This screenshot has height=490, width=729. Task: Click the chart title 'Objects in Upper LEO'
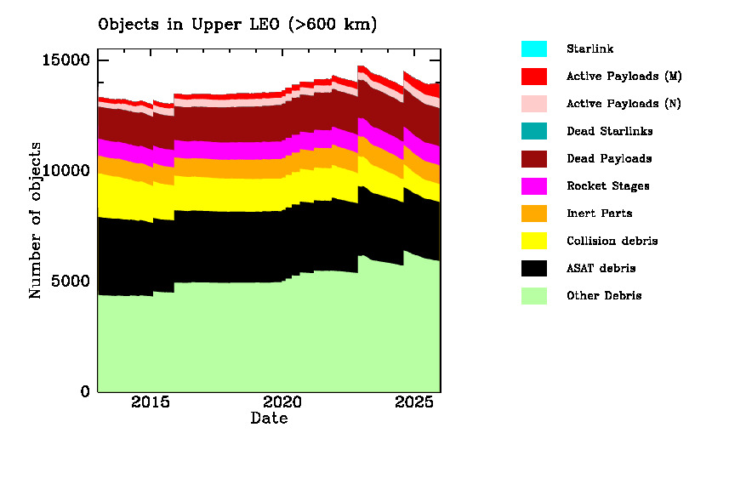(237, 25)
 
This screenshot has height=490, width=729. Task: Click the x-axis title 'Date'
(269, 419)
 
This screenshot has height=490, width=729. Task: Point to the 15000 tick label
(68, 60)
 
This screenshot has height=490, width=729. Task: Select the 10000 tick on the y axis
(68, 171)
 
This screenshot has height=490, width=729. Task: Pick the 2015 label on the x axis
(150, 403)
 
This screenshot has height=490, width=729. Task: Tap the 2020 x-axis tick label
(282, 403)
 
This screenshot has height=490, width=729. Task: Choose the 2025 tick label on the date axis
(413, 403)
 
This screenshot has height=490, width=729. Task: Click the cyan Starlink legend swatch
(534, 48)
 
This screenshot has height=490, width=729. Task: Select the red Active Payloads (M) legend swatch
(534, 77)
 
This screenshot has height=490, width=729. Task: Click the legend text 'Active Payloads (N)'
(624, 104)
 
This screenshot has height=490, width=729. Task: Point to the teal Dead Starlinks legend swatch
(534, 131)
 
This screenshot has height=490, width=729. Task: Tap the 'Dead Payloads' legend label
(609, 159)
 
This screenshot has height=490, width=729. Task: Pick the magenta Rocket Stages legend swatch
(534, 186)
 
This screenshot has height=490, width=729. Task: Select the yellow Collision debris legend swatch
(534, 241)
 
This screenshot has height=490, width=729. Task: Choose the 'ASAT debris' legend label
(601, 269)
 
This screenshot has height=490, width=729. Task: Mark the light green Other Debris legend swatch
(534, 296)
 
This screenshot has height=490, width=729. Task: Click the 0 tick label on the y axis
(85, 392)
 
